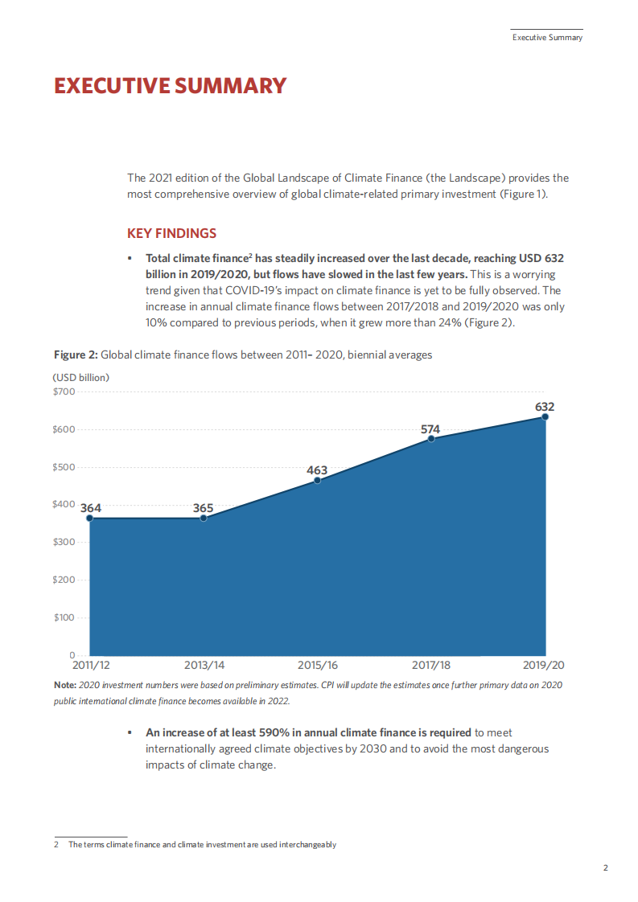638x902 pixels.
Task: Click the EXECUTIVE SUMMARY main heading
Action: (x=170, y=86)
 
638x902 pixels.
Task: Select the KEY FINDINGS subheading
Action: (x=171, y=234)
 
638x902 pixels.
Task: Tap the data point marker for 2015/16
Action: (x=317, y=480)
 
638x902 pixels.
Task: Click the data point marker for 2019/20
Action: (x=545, y=416)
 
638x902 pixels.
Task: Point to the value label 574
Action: (x=430, y=429)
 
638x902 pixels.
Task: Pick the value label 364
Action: (x=91, y=508)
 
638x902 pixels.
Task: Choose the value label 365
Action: (x=203, y=508)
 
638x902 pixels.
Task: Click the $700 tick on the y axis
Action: (x=64, y=392)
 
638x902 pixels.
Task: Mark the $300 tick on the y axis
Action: (x=64, y=542)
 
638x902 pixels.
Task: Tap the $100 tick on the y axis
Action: (x=64, y=617)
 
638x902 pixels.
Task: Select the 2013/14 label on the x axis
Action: (x=204, y=666)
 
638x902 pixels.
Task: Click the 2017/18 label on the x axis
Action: (x=431, y=666)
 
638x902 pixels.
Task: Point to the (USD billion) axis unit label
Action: (x=81, y=377)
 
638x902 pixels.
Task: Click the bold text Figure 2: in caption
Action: (x=76, y=355)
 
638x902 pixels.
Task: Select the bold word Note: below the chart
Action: (x=65, y=684)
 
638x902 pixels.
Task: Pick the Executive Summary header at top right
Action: (x=547, y=38)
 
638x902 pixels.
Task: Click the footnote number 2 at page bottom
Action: (x=56, y=845)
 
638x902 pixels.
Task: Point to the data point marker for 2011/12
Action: (x=89, y=519)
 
